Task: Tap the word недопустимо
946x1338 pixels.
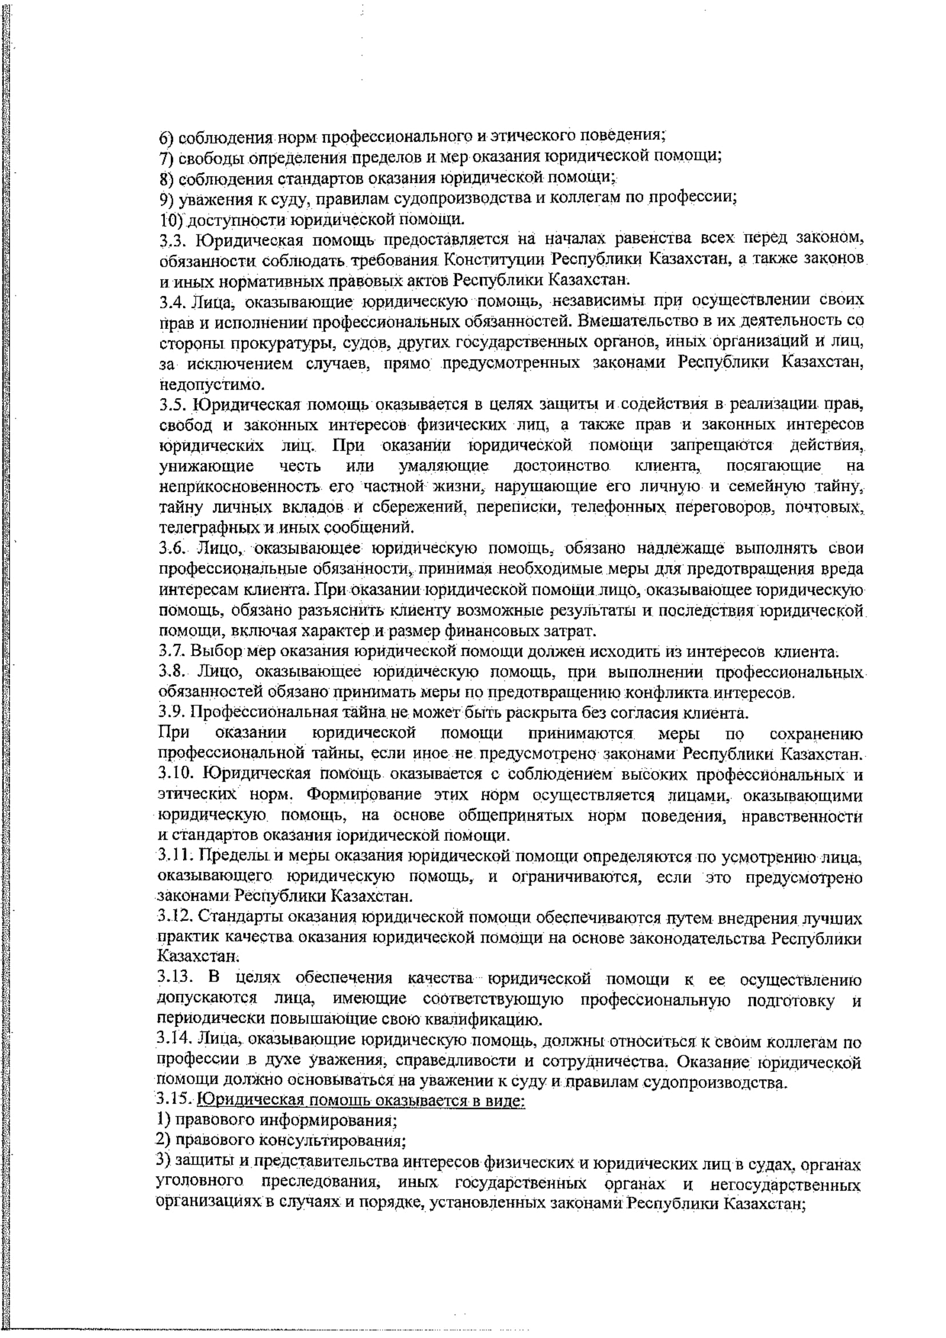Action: [x=212, y=384]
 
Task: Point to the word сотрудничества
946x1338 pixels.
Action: [x=602, y=1061]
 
